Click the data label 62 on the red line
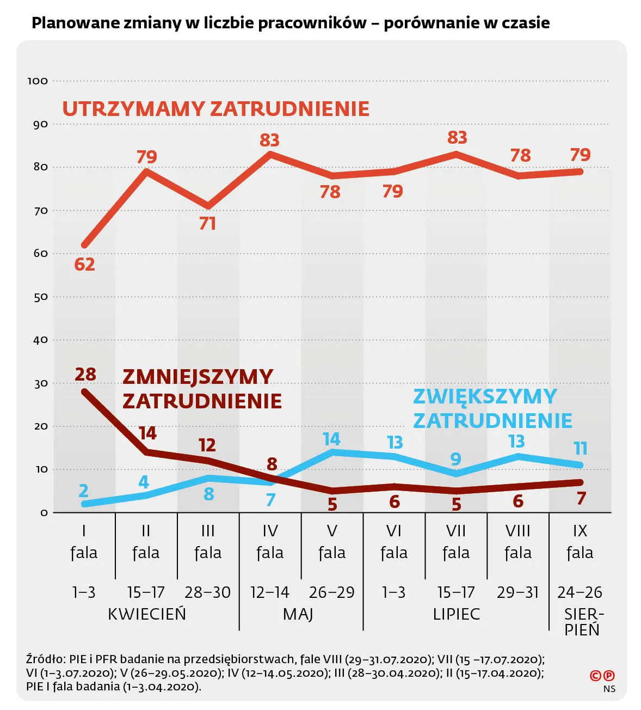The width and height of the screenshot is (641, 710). point(84,265)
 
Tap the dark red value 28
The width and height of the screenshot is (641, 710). point(85,375)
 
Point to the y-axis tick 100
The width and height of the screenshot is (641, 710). point(38,81)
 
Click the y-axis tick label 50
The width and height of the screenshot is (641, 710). point(41,297)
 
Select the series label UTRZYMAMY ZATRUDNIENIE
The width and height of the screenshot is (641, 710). point(215,109)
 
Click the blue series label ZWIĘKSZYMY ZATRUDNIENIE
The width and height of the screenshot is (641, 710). point(492,408)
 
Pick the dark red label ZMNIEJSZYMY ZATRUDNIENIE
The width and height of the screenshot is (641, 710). point(202,389)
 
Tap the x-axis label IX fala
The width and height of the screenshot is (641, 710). point(580,542)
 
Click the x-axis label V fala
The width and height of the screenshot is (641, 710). point(332,542)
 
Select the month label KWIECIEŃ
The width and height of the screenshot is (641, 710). point(147,614)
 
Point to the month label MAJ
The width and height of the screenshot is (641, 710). point(298,614)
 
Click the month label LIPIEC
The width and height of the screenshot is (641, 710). point(457,614)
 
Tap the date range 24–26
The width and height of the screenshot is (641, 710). point(580,592)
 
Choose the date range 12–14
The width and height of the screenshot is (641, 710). point(270,592)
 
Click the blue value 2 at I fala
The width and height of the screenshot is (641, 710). point(83,491)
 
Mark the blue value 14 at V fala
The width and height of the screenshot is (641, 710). point(331,439)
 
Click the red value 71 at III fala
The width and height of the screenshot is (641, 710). point(207,224)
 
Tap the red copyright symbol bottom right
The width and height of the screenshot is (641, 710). point(595,676)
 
